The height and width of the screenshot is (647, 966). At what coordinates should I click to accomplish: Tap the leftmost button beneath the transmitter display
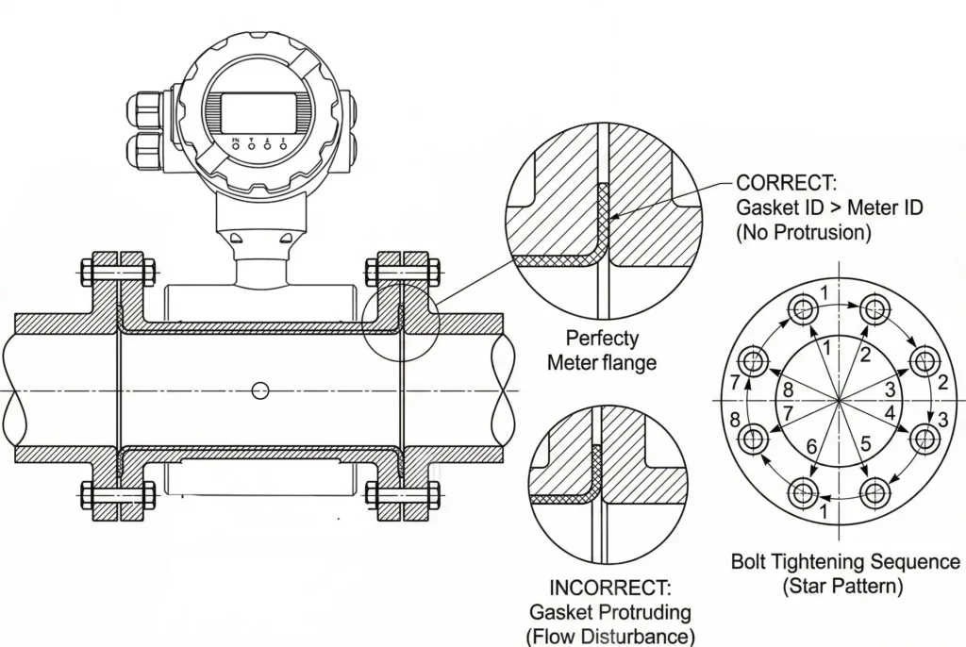(236, 146)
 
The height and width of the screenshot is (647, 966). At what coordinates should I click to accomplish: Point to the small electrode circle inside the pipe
(261, 390)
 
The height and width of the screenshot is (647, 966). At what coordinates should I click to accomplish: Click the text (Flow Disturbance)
(610, 635)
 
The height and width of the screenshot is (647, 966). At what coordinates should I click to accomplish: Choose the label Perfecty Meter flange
(602, 349)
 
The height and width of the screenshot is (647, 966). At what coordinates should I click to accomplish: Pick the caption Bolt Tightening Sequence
(845, 562)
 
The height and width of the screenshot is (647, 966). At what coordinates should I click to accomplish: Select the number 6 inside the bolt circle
(811, 445)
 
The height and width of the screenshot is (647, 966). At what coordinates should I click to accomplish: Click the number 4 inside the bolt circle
(889, 412)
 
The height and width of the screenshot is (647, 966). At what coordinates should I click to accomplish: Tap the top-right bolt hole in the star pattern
(874, 307)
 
